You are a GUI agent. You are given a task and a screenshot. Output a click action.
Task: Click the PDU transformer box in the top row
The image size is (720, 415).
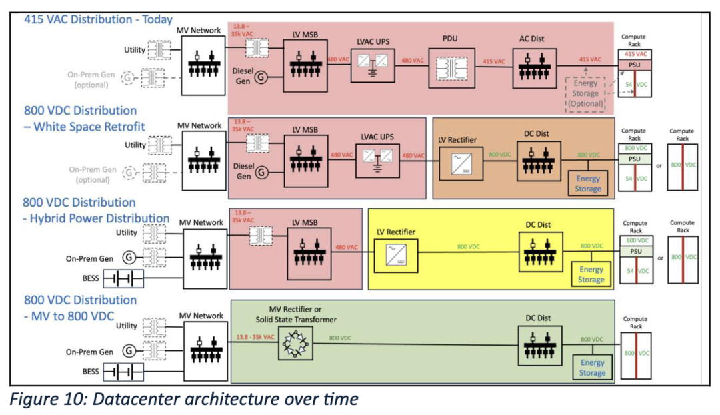(452, 68)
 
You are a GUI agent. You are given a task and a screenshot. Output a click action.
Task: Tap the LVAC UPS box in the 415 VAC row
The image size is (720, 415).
(373, 68)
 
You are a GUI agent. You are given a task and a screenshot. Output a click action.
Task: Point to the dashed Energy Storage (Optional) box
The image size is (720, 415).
(587, 93)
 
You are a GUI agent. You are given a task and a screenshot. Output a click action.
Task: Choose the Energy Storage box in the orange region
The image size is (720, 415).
(588, 183)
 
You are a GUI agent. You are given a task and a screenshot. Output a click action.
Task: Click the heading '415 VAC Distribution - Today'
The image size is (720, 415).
(98, 19)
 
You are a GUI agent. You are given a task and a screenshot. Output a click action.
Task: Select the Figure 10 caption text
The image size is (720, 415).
(183, 400)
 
